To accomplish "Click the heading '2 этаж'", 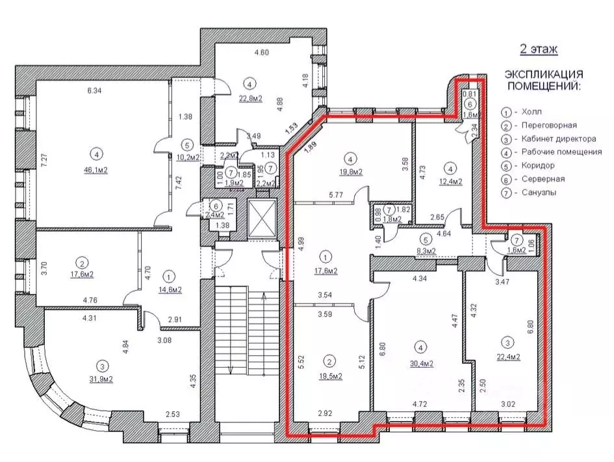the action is tap(539, 49).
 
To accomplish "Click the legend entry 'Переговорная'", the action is tap(549, 125).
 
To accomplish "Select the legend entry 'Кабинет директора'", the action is tap(559, 139).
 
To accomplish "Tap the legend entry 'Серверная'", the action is tap(543, 179).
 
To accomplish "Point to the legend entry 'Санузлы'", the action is tap(539, 192).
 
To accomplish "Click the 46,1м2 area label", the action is tap(96, 170).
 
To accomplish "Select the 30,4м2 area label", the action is tap(421, 364).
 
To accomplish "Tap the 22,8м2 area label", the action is tap(251, 98).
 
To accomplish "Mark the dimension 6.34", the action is tap(94, 90).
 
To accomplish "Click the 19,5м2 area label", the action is tap(331, 376).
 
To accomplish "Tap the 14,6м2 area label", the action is tap(170, 290).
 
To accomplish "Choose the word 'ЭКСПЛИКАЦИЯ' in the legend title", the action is tap(544, 74).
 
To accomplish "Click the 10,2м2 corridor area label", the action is tap(188, 157).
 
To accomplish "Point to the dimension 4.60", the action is tap(262, 52).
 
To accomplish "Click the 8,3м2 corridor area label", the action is tap(426, 251).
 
